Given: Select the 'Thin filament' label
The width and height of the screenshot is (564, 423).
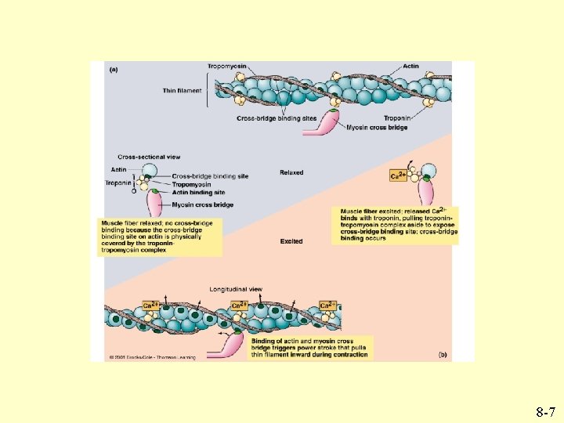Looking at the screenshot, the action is point(182,91).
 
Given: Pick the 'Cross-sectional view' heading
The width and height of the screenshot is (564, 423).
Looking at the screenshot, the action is point(149,157).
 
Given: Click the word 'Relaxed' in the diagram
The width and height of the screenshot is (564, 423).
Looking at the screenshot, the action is point(291,172).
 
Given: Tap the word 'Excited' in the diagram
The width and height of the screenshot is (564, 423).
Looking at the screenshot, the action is point(291,241).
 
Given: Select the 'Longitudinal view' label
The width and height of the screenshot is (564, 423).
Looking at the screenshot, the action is point(236,290).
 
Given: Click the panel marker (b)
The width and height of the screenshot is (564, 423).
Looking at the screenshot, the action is point(443,355).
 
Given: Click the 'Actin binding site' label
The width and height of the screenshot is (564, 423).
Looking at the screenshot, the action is point(199,192).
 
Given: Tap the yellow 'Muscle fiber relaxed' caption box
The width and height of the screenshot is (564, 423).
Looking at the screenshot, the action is point(161,237).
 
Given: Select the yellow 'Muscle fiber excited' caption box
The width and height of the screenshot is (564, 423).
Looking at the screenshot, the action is point(398,225).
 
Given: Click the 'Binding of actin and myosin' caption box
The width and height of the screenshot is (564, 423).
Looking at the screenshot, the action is point(309,348).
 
